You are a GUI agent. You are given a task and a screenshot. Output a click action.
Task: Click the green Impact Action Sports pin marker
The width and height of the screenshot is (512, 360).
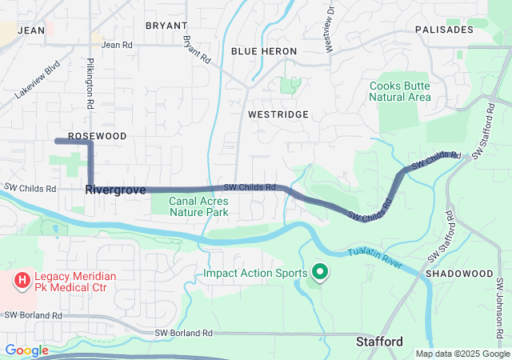pos(320,273)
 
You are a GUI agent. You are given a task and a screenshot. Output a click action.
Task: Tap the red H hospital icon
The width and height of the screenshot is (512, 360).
pos(21,282)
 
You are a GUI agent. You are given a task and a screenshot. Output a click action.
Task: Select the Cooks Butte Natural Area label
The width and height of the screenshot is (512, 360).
pos(400,91)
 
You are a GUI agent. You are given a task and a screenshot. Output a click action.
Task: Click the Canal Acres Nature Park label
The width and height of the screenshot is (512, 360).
pos(198,206)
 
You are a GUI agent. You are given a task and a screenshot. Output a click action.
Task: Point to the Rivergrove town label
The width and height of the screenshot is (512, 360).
pos(115,190)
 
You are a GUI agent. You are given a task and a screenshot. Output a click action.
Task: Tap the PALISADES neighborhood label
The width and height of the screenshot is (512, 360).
pos(444,30)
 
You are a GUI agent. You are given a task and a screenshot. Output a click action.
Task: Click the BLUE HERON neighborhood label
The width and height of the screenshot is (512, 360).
pos(264,51)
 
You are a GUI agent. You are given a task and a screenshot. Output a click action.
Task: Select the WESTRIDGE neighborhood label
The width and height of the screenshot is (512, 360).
pos(278,115)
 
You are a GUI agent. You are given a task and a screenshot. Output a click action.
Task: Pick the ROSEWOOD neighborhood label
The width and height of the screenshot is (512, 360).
pos(97,136)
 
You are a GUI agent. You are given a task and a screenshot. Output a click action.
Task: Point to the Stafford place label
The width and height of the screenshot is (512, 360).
pos(379,342)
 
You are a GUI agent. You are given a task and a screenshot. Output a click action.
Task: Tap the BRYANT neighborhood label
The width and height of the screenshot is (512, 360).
pos(166,26)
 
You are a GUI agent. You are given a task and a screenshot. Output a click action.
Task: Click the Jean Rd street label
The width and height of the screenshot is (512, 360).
pos(117,45)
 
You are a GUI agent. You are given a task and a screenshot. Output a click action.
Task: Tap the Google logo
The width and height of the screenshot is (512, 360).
pos(26,350)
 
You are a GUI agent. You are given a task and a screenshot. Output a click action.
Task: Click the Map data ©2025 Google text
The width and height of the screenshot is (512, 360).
pos(462,354)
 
